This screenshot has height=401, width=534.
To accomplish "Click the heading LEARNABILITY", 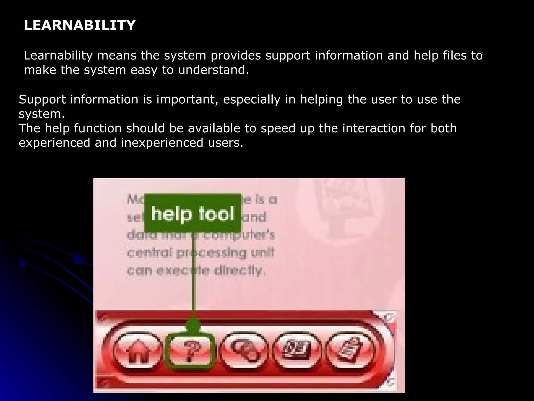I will pyautogui.click(x=80, y=25).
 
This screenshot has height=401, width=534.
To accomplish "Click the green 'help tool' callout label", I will pyautogui.click(x=192, y=213).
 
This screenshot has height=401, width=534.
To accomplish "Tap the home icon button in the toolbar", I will pyautogui.click(x=137, y=351).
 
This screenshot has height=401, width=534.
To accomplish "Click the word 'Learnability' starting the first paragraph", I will pyautogui.click(x=58, y=56).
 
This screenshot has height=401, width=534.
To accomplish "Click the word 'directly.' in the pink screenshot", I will pyautogui.click(x=240, y=271).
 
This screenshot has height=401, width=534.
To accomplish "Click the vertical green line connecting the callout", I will pyautogui.click(x=193, y=274).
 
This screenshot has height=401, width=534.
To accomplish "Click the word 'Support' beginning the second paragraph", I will pyautogui.click(x=42, y=99).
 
